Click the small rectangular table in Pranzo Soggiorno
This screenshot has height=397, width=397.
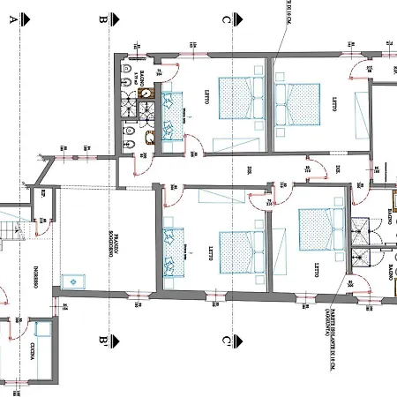[x=71, y=281]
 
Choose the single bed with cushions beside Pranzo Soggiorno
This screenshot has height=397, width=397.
[x=171, y=252]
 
